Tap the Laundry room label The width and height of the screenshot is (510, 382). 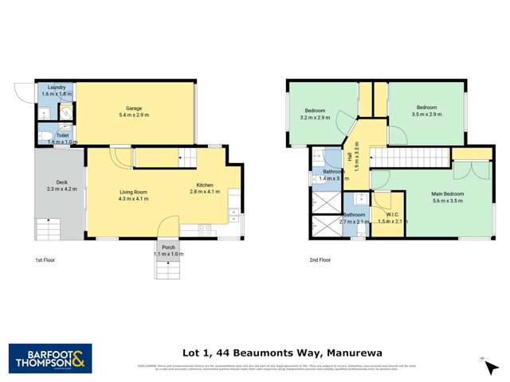point(56,88)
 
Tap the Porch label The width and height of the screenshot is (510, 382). point(168,248)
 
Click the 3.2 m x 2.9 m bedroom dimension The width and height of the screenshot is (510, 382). point(315,117)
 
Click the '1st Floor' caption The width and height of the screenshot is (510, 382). point(45,260)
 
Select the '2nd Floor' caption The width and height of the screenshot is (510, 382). point(320,260)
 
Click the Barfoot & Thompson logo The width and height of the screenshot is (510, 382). point(50,358)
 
